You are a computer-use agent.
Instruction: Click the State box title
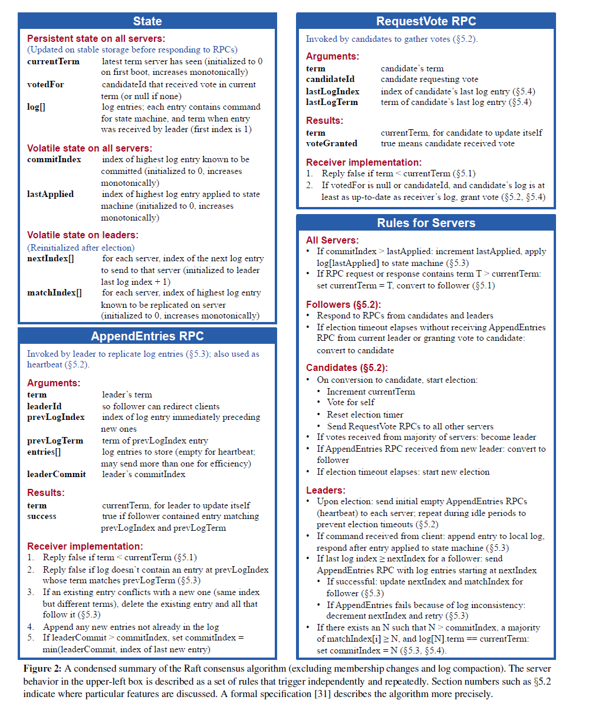[x=147, y=21]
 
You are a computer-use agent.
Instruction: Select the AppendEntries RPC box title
[x=147, y=336]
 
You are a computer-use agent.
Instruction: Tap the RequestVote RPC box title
[x=426, y=21]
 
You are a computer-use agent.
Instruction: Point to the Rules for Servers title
[x=426, y=223]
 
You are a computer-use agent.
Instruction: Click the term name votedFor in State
[x=45, y=84]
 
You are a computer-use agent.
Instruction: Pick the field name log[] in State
[x=36, y=107]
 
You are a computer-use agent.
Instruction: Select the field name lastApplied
[x=50, y=194]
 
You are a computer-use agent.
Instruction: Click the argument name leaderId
[x=44, y=406]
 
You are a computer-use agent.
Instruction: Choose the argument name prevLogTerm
[x=55, y=441]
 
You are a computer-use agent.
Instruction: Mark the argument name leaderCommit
[x=56, y=474]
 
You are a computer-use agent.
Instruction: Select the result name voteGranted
[x=331, y=143]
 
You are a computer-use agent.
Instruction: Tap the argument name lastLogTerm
[x=331, y=102]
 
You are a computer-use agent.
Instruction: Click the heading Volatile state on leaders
[x=83, y=235]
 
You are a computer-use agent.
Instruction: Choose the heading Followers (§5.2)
[x=343, y=304]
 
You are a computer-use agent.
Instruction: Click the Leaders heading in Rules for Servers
[x=325, y=490]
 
